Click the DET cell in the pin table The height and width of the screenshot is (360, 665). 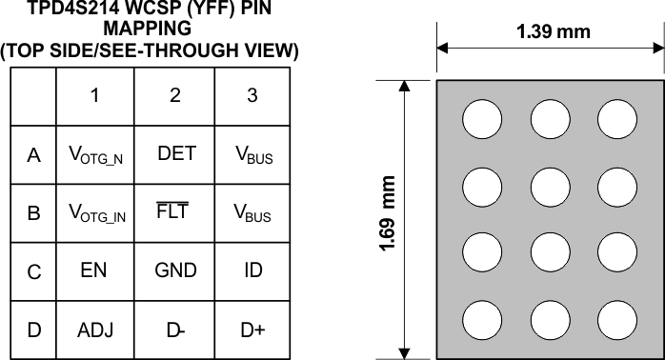[176, 154]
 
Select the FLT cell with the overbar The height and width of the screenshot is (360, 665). [172, 212]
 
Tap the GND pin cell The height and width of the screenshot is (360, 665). [175, 270]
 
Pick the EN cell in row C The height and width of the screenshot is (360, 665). [93, 270]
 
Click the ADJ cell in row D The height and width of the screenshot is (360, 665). [95, 330]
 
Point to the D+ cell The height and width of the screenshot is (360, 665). [252, 330]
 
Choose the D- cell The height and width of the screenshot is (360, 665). [175, 330]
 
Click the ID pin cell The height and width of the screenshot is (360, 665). [252, 270]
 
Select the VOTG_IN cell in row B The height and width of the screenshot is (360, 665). [97, 214]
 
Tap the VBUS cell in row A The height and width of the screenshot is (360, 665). [253, 156]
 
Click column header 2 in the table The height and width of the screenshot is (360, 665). [175, 95]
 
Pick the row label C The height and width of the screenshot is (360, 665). [34, 271]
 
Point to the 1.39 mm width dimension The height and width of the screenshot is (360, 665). [553, 31]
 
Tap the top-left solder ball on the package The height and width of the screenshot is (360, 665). [482, 119]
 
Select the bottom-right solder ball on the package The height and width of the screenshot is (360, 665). [617, 317]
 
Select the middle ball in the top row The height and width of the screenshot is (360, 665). [550, 119]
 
